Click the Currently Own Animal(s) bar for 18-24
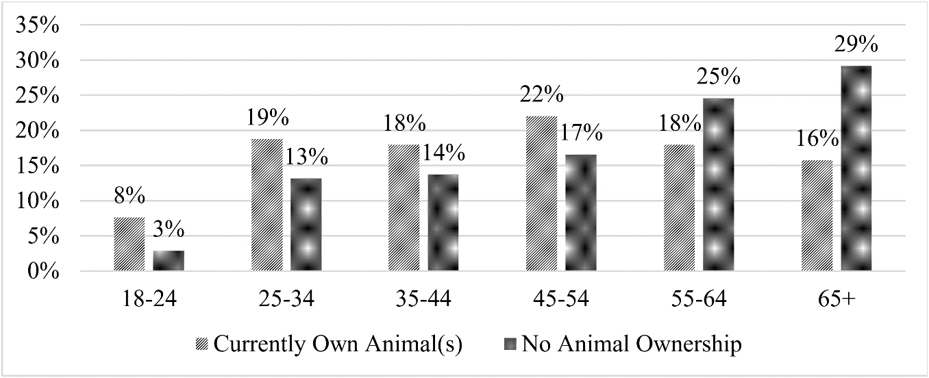pos(129,244)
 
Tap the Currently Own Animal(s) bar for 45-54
pos(541,194)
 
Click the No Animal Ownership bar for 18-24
pos(169,261)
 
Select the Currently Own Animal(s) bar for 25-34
pos(267,205)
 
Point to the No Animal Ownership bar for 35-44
pos(443,223)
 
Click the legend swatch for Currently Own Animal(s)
pos(203,344)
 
